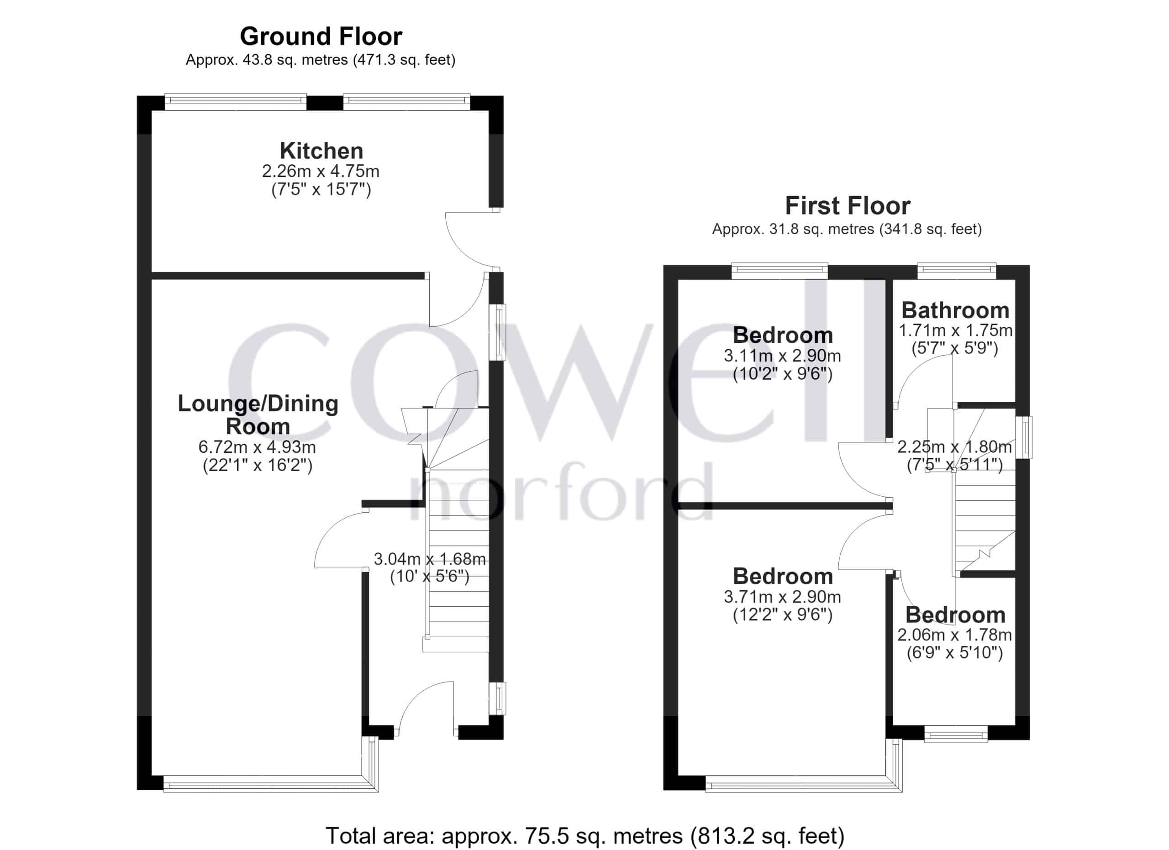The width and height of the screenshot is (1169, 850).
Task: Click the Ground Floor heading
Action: pos(321,37)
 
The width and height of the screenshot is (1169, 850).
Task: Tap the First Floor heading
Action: pos(848,206)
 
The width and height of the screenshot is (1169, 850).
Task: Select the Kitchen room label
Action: pos(321,151)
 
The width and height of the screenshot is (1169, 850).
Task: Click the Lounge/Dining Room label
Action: pos(258,415)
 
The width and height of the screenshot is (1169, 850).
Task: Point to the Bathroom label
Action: pos(955,310)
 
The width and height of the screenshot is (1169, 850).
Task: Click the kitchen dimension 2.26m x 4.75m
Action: pos(321,171)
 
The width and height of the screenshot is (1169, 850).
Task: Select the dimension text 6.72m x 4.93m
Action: pos(257,447)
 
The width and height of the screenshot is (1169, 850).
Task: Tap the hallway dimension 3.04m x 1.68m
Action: pos(429,559)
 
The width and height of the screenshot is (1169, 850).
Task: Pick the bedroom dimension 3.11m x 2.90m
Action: pos(782,356)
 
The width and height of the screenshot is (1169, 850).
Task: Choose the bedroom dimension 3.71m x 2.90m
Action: pos(782,597)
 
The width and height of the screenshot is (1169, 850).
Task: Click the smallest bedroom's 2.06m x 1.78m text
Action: pos(954,635)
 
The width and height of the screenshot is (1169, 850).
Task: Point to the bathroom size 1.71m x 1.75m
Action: pos(955,330)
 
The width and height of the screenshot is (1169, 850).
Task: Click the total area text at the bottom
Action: pos(585,835)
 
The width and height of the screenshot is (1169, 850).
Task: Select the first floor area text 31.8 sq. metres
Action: pos(821,229)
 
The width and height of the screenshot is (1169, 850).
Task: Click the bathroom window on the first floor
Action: pos(957,271)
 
